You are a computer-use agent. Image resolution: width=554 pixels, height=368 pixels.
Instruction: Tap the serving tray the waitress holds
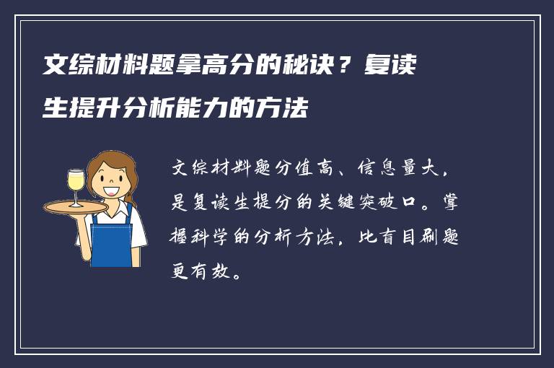click(75, 206)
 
